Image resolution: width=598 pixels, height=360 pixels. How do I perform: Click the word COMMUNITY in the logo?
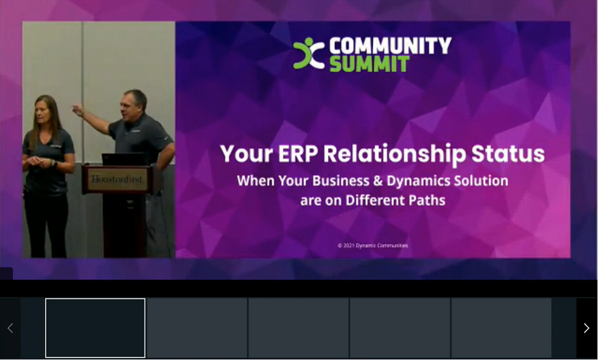pyautogui.click(x=390, y=46)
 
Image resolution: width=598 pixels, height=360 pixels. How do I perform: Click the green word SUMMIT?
pyautogui.click(x=369, y=64)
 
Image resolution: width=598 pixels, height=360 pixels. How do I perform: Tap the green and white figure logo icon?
pyautogui.click(x=309, y=54)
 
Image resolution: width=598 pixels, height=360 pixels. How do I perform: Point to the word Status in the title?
pyautogui.click(x=507, y=154)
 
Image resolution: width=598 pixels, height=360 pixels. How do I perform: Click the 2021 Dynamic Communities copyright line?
pyautogui.click(x=373, y=245)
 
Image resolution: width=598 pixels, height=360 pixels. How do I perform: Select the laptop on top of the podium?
pyautogui.click(x=123, y=159)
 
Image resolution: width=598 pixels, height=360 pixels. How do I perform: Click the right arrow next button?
pyautogui.click(x=586, y=328)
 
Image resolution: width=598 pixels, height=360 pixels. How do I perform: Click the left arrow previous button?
pyautogui.click(x=10, y=328)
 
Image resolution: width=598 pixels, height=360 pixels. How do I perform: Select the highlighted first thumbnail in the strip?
pyautogui.click(x=95, y=328)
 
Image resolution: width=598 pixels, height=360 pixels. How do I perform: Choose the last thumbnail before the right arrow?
pyautogui.click(x=501, y=328)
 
